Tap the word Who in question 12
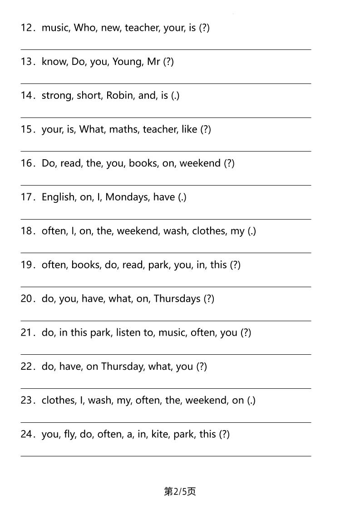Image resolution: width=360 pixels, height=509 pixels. (84, 28)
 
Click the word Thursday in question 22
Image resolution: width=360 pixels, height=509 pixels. (122, 366)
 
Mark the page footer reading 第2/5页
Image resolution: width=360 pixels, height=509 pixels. (180, 491)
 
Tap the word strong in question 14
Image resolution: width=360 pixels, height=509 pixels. (57, 95)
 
